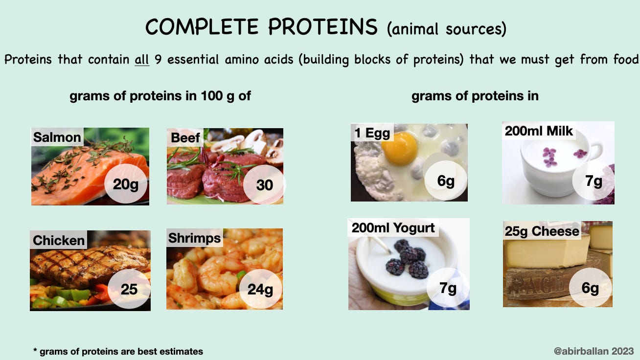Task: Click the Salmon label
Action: click(57, 137)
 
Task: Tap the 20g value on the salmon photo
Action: click(125, 184)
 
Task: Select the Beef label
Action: click(185, 138)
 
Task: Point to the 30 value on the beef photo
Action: click(265, 185)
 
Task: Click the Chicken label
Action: click(59, 240)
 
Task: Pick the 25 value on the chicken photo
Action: click(129, 289)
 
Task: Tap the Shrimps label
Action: click(194, 238)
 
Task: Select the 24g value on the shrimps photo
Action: click(260, 290)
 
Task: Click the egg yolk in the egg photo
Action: click(400, 148)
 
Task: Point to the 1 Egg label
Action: click(372, 133)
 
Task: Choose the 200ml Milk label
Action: click(539, 131)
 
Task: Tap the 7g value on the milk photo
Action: click(594, 181)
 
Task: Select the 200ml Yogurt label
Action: click(393, 227)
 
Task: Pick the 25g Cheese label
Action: click(542, 231)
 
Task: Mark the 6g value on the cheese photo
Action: click(590, 288)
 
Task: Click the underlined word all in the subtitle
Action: click(142, 60)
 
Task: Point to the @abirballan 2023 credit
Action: click(594, 351)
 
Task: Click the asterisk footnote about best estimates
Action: click(118, 351)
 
